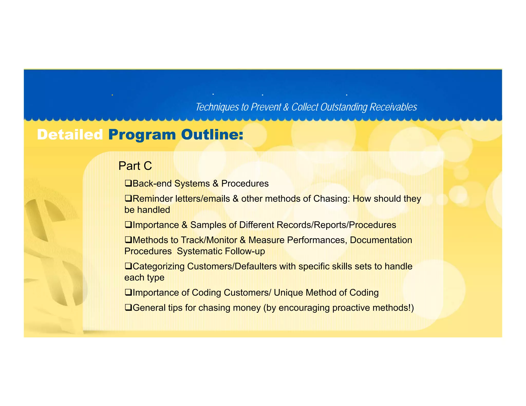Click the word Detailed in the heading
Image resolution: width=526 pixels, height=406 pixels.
click(x=70, y=135)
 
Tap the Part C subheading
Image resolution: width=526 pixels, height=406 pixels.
click(x=135, y=166)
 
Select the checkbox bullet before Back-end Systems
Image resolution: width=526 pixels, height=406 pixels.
click(x=128, y=183)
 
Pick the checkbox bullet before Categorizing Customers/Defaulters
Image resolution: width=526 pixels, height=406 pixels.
click(x=128, y=266)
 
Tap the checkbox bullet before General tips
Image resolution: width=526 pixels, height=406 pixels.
click(x=128, y=307)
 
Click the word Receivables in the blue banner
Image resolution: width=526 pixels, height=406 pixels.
click(x=393, y=107)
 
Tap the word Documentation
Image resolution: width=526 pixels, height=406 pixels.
click(x=381, y=240)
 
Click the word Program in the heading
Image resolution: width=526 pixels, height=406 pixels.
click(x=142, y=135)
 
